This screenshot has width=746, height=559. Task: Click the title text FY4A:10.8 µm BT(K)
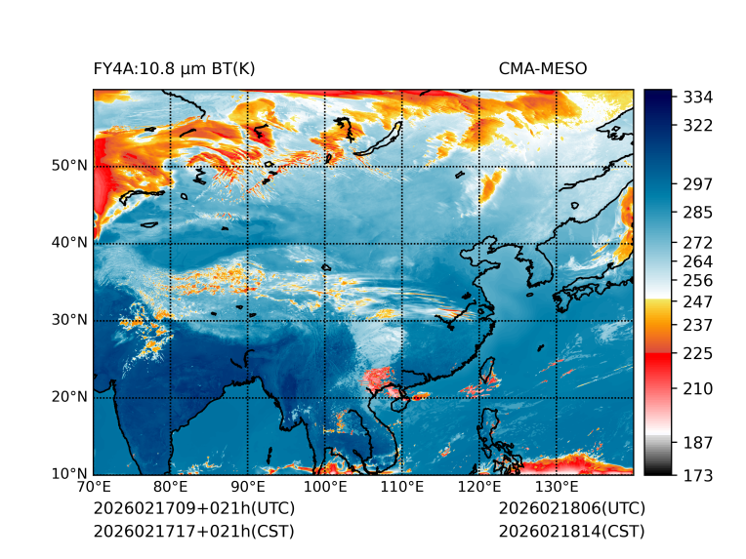[174, 68]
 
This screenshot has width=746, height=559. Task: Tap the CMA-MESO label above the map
[542, 68]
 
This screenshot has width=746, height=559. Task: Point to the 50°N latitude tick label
[69, 166]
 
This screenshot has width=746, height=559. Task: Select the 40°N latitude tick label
[69, 243]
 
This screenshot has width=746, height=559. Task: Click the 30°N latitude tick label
[69, 320]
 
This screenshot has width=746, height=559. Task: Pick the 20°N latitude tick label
[69, 397]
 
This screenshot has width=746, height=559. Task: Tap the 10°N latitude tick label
[69, 474]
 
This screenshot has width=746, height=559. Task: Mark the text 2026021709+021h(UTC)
[193, 509]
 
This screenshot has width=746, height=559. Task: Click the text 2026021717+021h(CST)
[193, 532]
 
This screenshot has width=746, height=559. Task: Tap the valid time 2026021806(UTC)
[571, 509]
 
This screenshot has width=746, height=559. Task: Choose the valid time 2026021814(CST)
[571, 532]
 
